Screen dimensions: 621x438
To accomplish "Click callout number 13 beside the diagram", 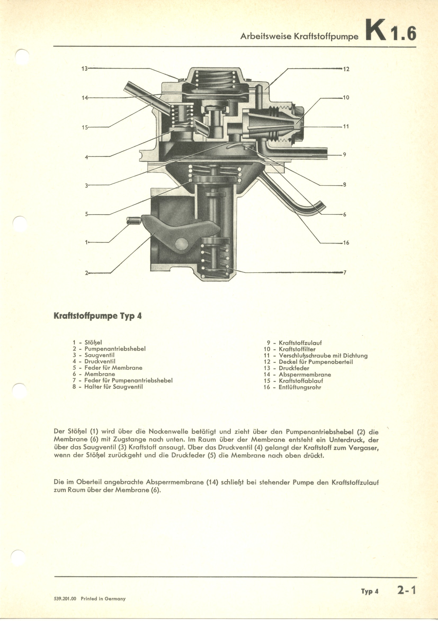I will [x=84, y=69].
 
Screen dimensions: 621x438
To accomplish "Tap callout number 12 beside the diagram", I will [x=346, y=69].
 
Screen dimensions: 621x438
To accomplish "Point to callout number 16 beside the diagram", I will [x=346, y=243].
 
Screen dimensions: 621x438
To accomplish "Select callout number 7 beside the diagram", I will [x=345, y=273].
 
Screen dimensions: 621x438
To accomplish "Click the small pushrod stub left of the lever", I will [x=133, y=220].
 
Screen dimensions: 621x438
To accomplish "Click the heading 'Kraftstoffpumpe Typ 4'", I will [x=98, y=316].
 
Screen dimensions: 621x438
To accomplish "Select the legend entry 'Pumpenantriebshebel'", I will [x=115, y=349].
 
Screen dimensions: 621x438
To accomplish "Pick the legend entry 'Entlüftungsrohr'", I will [x=300, y=387].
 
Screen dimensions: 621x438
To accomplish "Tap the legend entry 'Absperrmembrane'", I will [x=305, y=375].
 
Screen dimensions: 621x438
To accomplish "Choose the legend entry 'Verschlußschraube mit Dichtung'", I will [x=323, y=356].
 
